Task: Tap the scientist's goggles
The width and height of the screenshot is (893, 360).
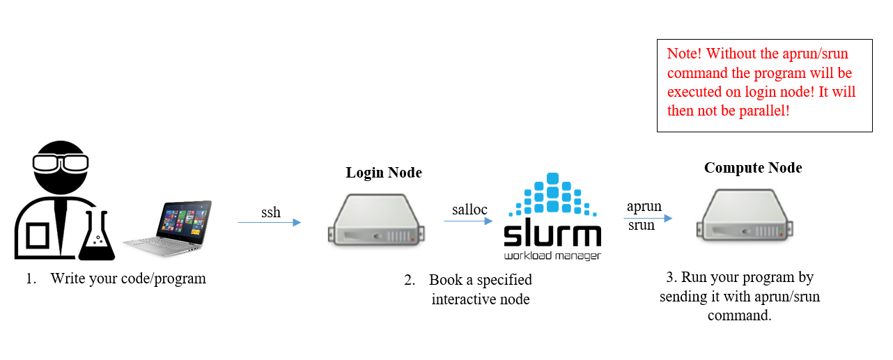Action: (x=61, y=162)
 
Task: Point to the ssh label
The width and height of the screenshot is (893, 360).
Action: (x=271, y=212)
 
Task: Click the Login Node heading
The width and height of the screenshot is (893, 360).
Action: (x=384, y=173)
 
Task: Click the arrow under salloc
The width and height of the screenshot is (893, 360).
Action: (x=468, y=221)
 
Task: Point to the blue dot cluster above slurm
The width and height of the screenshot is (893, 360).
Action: (x=552, y=195)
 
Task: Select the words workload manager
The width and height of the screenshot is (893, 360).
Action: (x=552, y=256)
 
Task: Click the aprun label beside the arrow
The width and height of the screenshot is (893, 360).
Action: (x=644, y=207)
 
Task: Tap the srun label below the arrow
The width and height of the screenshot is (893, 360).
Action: (x=642, y=226)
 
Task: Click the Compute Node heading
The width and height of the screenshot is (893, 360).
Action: (x=753, y=168)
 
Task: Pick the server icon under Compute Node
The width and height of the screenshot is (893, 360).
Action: (x=746, y=218)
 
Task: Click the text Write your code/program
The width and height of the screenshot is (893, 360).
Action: (x=128, y=279)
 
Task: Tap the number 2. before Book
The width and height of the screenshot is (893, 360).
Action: (x=410, y=281)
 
